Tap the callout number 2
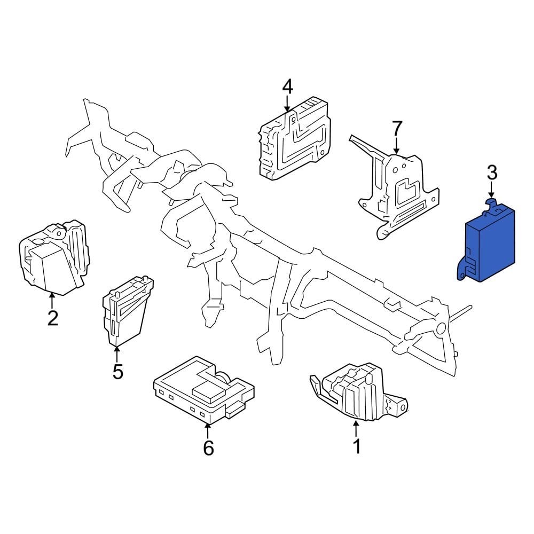[52, 318]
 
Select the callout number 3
[492, 172]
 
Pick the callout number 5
[117, 371]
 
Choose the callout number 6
[208, 448]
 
